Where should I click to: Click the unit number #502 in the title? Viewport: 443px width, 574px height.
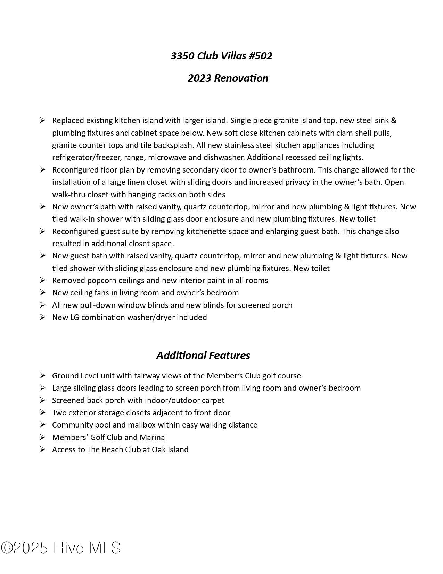click(x=260, y=56)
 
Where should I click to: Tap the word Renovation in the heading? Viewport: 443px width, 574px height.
click(x=241, y=78)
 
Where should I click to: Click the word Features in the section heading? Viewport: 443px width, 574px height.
click(x=229, y=355)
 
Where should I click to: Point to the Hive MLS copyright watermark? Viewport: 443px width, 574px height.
click(x=61, y=548)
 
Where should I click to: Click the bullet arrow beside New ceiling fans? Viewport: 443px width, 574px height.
click(x=43, y=293)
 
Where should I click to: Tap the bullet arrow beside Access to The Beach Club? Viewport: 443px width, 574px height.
click(x=43, y=449)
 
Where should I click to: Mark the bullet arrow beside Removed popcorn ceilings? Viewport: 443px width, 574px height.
click(x=43, y=280)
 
